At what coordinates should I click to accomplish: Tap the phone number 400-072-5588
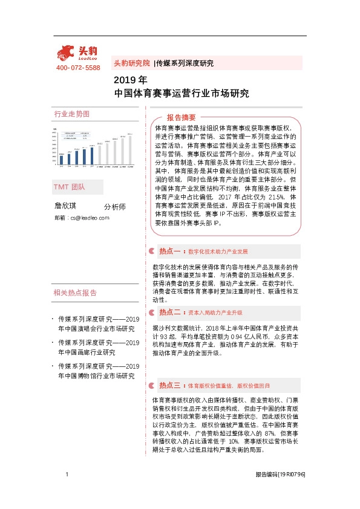point(77,68)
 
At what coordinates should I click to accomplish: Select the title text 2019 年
point(130,80)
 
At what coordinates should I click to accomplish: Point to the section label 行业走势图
point(72,114)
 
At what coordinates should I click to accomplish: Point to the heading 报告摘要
point(182,117)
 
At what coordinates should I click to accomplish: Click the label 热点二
point(171,313)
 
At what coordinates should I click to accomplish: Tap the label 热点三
point(171,384)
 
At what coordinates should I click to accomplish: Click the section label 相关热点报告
point(75,293)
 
